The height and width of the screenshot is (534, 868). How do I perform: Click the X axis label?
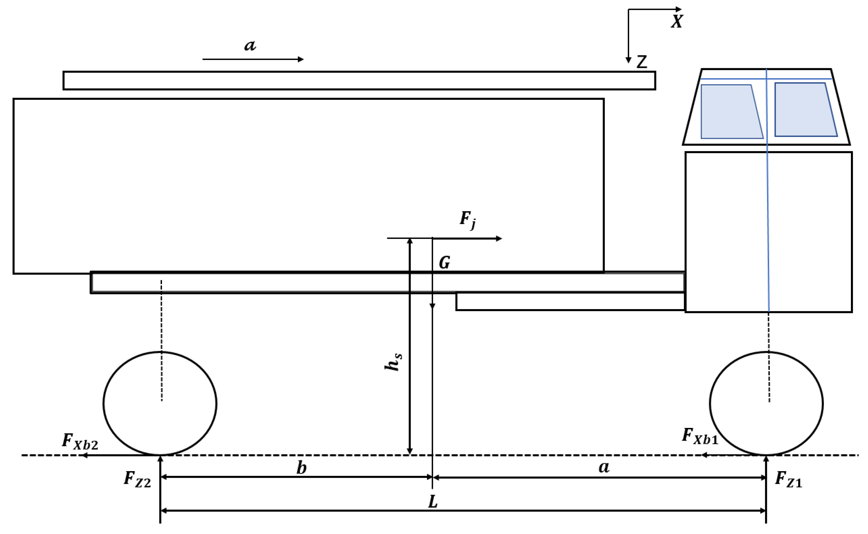(x=676, y=22)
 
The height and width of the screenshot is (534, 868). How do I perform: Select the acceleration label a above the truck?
(x=250, y=45)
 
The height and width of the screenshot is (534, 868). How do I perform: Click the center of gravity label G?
(x=444, y=263)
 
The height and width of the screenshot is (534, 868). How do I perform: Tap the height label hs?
(x=393, y=362)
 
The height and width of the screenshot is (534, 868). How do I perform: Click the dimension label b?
(x=301, y=468)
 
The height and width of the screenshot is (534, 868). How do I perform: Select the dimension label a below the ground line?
(x=604, y=467)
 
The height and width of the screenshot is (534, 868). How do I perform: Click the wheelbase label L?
(x=433, y=502)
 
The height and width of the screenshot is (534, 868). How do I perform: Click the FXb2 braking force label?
(x=80, y=442)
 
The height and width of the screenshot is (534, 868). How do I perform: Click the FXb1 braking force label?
(x=700, y=436)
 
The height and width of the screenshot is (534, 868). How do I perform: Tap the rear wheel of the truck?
(x=160, y=403)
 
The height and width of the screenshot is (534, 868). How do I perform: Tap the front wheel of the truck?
(x=766, y=403)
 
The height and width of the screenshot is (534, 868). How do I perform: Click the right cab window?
(x=804, y=109)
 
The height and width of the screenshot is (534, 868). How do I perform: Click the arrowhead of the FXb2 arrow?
(x=85, y=456)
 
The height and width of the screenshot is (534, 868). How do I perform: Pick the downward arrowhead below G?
(x=432, y=306)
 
